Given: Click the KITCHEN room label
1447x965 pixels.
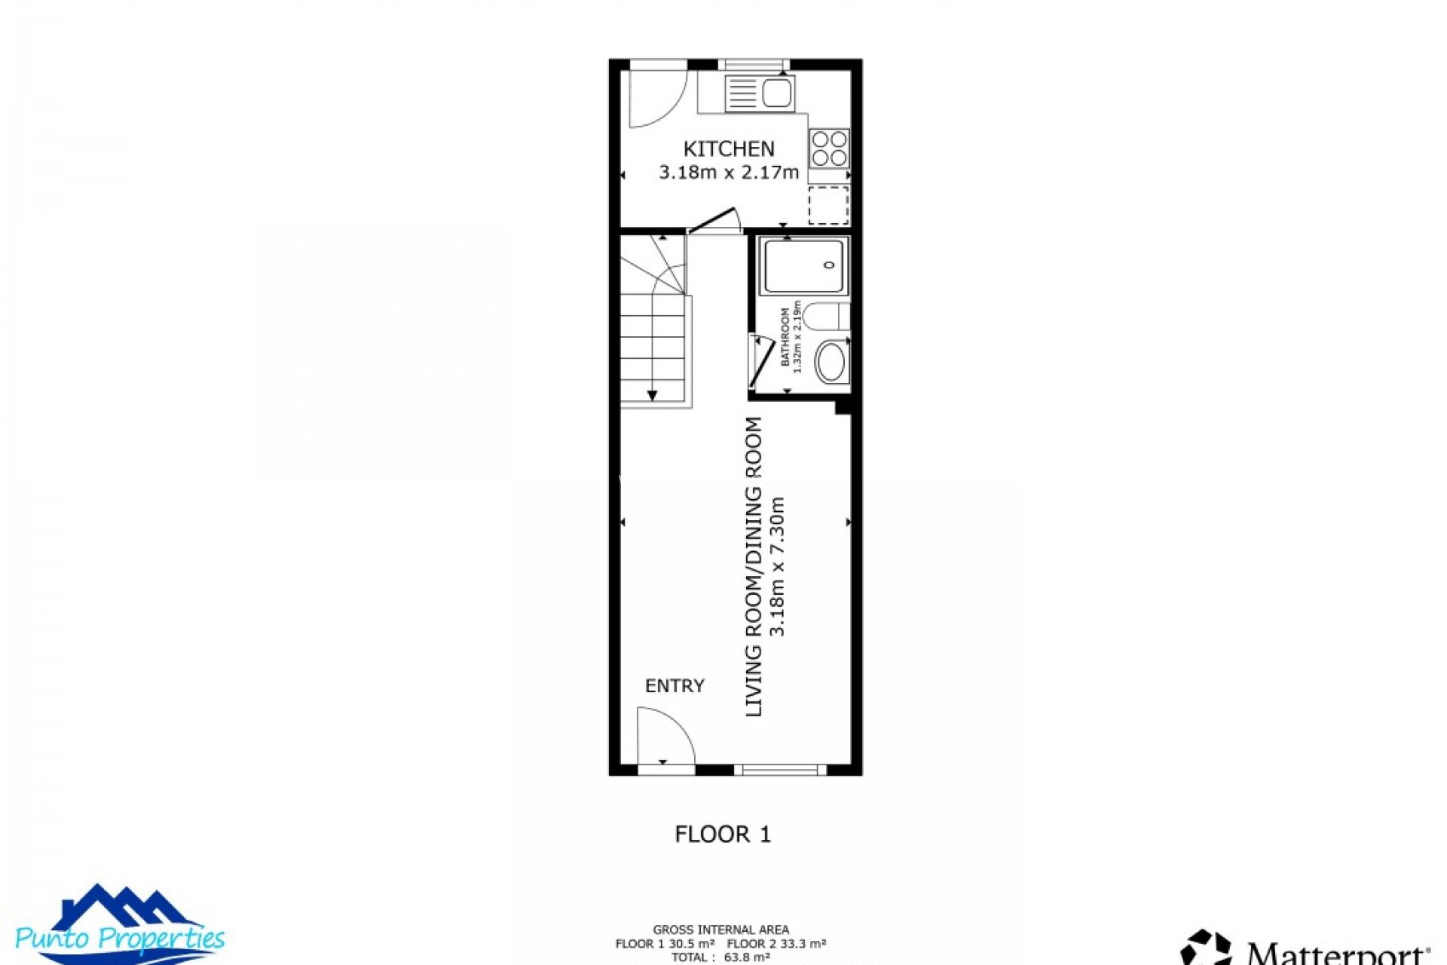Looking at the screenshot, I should point(728,149).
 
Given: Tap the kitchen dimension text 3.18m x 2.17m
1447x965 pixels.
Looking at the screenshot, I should point(728,173).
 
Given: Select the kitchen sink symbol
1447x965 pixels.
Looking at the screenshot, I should point(759,94).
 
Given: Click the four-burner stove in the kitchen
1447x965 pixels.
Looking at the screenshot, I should point(829,149).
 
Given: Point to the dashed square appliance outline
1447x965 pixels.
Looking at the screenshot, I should point(828,205).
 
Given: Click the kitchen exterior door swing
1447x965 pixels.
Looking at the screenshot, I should point(657,100).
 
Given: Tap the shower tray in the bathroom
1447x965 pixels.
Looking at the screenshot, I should point(803,265).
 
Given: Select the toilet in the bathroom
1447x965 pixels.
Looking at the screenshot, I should point(824,316).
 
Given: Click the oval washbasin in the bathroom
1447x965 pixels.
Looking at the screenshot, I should point(831,363).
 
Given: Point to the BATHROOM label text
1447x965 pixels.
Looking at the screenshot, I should point(785,337).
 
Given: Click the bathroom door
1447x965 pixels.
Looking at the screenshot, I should point(761,363).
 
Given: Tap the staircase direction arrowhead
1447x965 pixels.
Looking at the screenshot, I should point(652,395).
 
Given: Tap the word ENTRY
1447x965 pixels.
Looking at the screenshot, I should point(675,686).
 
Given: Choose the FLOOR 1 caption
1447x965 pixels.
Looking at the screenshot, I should point(723,834).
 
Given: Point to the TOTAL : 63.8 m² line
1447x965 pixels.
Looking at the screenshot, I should point(720,957).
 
